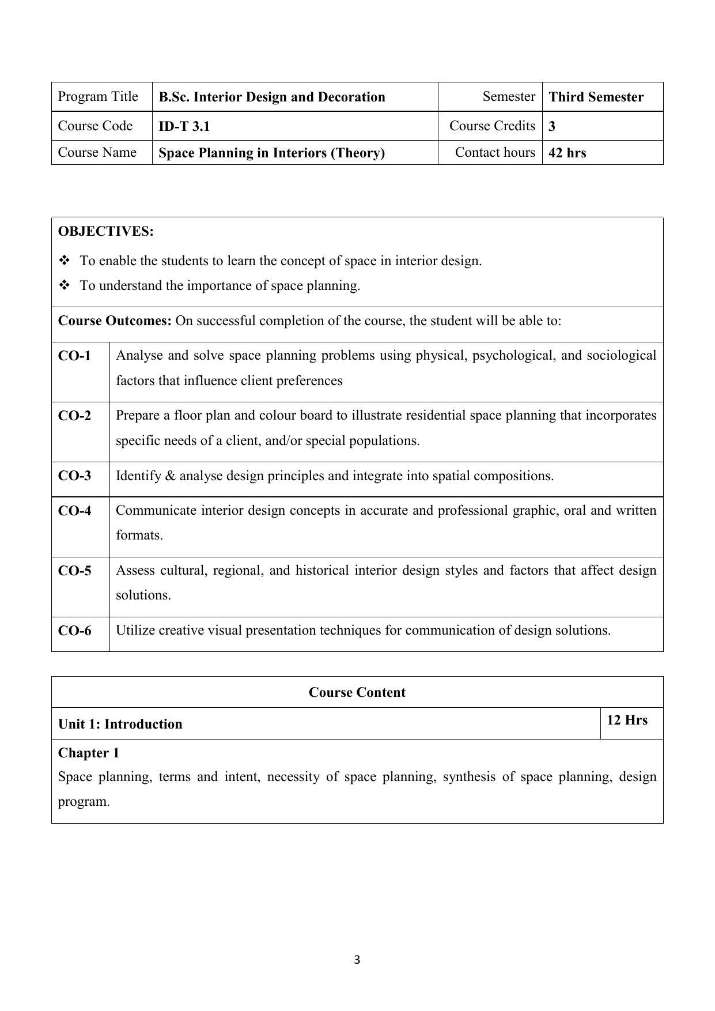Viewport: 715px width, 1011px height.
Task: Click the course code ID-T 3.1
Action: pyautogui.click(x=184, y=126)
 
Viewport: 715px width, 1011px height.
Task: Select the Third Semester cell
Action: pyautogui.click(x=596, y=97)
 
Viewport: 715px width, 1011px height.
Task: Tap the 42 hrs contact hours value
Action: pyautogui.click(x=567, y=153)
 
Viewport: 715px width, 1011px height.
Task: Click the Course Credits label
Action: pyautogui.click(x=492, y=126)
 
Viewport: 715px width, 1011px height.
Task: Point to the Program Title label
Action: pyautogui.click(x=98, y=96)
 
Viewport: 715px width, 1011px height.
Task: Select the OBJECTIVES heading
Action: pyautogui.click(x=106, y=232)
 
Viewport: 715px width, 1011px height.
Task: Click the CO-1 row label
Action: pyautogui.click(x=75, y=356)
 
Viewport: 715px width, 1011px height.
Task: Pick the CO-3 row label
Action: pyautogui.click(x=75, y=476)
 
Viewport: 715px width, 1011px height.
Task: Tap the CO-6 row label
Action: pyautogui.click(x=75, y=631)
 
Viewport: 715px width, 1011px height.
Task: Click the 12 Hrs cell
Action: pyautogui.click(x=627, y=720)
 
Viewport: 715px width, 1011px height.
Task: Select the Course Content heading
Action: pyautogui.click(x=357, y=692)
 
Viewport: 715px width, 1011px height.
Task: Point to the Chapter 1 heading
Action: pyautogui.click(x=89, y=753)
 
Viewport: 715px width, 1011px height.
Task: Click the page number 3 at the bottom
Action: pyautogui.click(x=357, y=960)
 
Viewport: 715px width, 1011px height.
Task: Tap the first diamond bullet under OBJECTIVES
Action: pyautogui.click(x=64, y=261)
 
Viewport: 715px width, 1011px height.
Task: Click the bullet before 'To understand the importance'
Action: pyautogui.click(x=64, y=285)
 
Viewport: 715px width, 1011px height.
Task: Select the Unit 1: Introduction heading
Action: pyautogui.click(x=120, y=724)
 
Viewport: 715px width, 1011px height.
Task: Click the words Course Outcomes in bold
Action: pyautogui.click(x=115, y=320)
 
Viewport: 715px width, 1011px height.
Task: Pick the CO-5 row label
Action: pyautogui.click(x=75, y=571)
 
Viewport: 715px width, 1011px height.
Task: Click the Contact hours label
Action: pyautogui.click(x=495, y=152)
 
